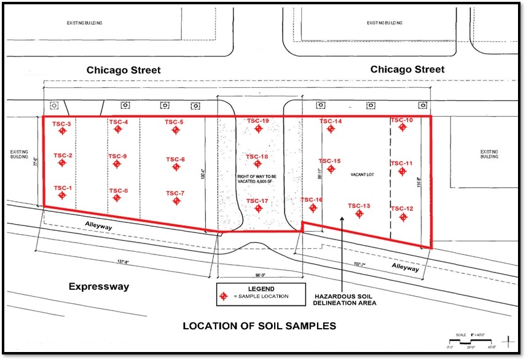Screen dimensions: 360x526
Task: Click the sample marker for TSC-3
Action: [x=61, y=131]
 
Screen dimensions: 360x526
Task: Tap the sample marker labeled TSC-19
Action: [x=259, y=128]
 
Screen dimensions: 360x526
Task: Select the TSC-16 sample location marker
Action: [x=313, y=208]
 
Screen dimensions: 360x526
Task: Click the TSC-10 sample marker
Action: [x=402, y=127]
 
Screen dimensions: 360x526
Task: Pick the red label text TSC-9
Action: [x=117, y=156]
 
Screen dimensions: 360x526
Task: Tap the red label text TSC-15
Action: [x=329, y=161]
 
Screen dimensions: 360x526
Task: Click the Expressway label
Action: [x=98, y=286]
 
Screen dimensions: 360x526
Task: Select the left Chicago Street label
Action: [x=124, y=70]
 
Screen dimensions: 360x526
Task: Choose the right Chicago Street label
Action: [x=407, y=69]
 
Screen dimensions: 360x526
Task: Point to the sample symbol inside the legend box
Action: [x=224, y=297]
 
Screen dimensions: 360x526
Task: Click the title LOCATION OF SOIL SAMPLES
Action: [x=259, y=326]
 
